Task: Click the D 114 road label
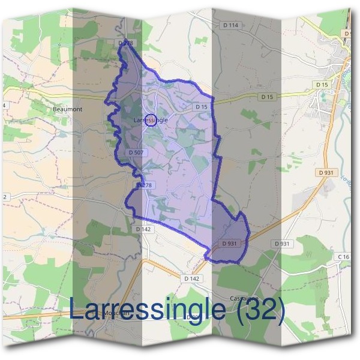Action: click(230, 25)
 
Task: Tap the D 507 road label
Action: click(136, 152)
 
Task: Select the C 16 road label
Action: click(343, 257)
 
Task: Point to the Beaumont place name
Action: click(67, 110)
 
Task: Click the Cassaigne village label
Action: click(244, 298)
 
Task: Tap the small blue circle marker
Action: click(151, 120)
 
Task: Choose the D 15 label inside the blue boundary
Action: click(201, 107)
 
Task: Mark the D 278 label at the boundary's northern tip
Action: click(125, 43)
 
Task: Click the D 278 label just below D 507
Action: click(146, 185)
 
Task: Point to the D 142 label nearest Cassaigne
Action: click(191, 278)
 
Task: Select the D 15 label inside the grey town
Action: click(322, 85)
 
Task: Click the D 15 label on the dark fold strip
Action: click(267, 97)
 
